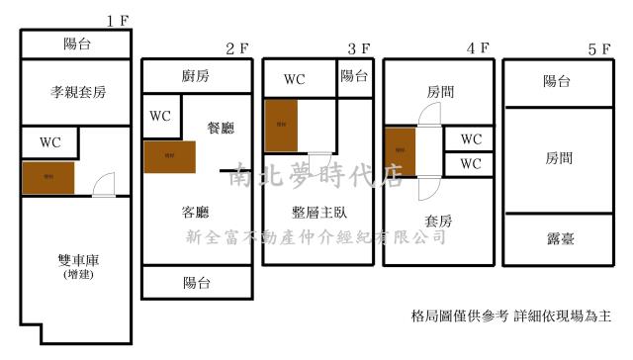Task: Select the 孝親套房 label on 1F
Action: pos(77,92)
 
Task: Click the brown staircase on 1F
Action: pos(48,178)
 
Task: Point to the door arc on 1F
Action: pos(103,184)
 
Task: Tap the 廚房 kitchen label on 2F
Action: pos(196,76)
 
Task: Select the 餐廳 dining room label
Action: pos(221,127)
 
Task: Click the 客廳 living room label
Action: pos(196,212)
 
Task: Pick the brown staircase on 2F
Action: pos(169,156)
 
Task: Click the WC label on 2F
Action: pos(160,116)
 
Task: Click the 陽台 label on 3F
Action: pos(355,75)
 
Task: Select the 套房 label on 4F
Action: pos(438,220)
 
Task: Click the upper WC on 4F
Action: pos(471,139)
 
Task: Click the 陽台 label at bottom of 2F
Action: pos(196,283)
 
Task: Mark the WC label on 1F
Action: pos(50,141)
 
